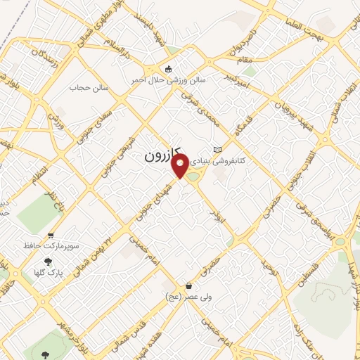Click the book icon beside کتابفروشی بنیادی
(x=217, y=149)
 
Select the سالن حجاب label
(x=86, y=89)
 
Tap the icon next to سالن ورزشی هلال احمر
(x=167, y=69)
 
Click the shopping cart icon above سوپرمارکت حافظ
(x=51, y=236)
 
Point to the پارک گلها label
(x=49, y=271)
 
